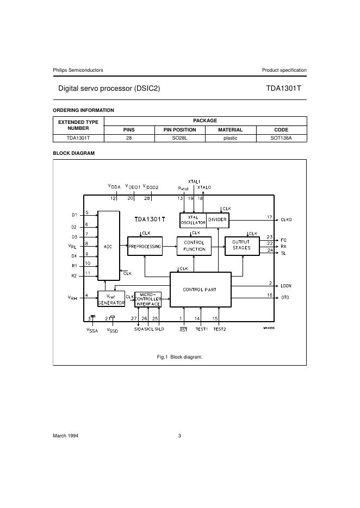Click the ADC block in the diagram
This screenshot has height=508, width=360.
tap(109, 246)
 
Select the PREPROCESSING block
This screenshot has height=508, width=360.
tap(145, 246)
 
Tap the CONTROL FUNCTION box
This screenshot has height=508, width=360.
tap(194, 246)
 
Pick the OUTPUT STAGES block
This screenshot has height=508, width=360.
tap(243, 246)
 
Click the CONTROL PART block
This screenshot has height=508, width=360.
tap(201, 290)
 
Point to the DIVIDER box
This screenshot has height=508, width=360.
tap(218, 220)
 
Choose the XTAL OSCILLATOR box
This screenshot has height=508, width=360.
tap(193, 220)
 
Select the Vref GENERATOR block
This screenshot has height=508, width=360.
tap(111, 299)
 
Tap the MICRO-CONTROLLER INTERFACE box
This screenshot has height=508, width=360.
tap(148, 299)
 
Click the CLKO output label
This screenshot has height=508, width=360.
tap(286, 219)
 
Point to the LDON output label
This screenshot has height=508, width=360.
tap(286, 286)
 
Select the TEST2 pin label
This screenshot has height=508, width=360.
tap(220, 329)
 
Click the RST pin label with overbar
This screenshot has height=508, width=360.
tap(184, 329)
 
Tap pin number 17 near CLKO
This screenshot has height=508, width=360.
tap(270, 217)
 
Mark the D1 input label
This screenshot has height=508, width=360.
tap(75, 215)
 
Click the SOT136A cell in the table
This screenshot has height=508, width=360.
tap(281, 138)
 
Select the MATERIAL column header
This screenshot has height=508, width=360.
tap(230, 130)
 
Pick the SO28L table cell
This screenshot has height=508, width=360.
tap(179, 138)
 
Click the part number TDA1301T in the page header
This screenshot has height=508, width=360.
tap(283, 88)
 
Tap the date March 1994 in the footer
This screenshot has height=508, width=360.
tap(65, 436)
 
